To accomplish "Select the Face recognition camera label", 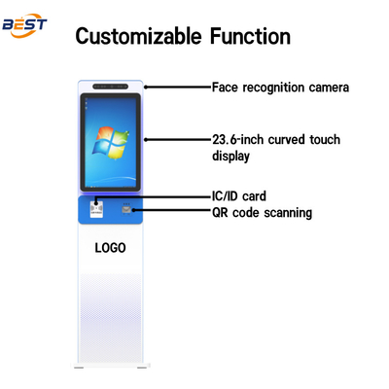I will click(x=280, y=87).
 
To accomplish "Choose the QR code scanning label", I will click(x=262, y=212).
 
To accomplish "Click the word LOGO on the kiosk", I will click(x=110, y=247).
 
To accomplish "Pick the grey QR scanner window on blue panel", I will click(x=127, y=208).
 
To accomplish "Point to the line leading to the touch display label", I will click(x=175, y=138).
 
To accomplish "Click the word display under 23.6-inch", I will click(x=231, y=155).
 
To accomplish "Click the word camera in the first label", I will click(x=326, y=87).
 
